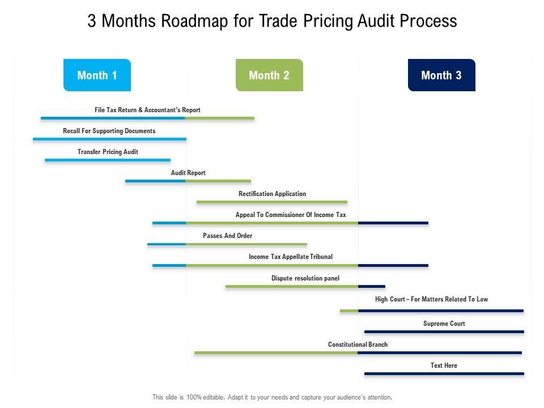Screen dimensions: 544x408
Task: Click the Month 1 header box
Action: pos(97,75)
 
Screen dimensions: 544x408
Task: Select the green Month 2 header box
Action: pos(269,75)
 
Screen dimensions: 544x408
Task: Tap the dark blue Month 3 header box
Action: pos(441,75)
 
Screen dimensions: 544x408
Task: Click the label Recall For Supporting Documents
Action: pos(109,131)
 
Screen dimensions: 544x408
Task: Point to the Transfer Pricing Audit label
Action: pos(108,152)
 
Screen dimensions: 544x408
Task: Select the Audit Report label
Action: pos(188,173)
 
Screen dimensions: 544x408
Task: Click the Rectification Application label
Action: pos(272,194)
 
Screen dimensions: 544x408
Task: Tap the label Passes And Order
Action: pos(227,236)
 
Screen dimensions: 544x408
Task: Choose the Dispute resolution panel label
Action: pos(305,278)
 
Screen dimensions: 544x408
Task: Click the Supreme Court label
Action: pos(444,324)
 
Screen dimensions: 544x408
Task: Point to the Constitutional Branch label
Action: pos(358,345)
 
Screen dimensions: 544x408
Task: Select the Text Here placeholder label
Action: pos(444,365)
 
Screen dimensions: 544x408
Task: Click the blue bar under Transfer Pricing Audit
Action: pos(108,160)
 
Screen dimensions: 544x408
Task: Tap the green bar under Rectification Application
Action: pos(272,202)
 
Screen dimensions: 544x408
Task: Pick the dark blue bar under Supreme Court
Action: pos(444,331)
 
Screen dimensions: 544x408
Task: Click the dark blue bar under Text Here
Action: pos(444,373)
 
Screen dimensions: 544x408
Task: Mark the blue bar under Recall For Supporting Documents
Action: pos(109,139)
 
